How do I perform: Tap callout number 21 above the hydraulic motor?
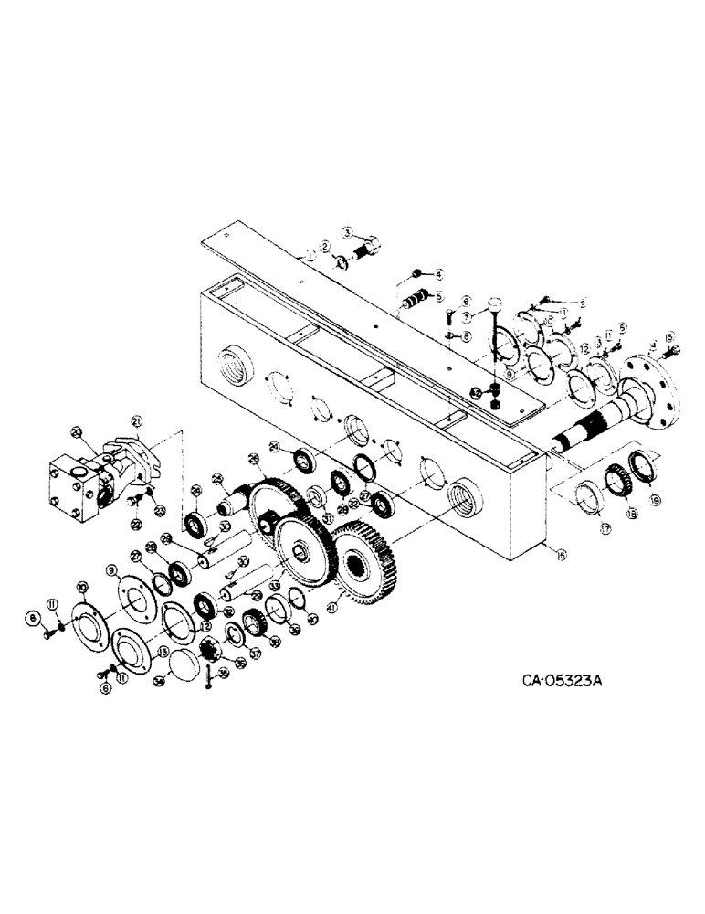pyautogui.click(x=137, y=420)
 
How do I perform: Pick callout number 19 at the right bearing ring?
pyautogui.click(x=655, y=502)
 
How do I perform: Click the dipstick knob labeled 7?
pyautogui.click(x=494, y=303)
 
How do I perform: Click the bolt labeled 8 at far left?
pyautogui.click(x=47, y=623)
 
